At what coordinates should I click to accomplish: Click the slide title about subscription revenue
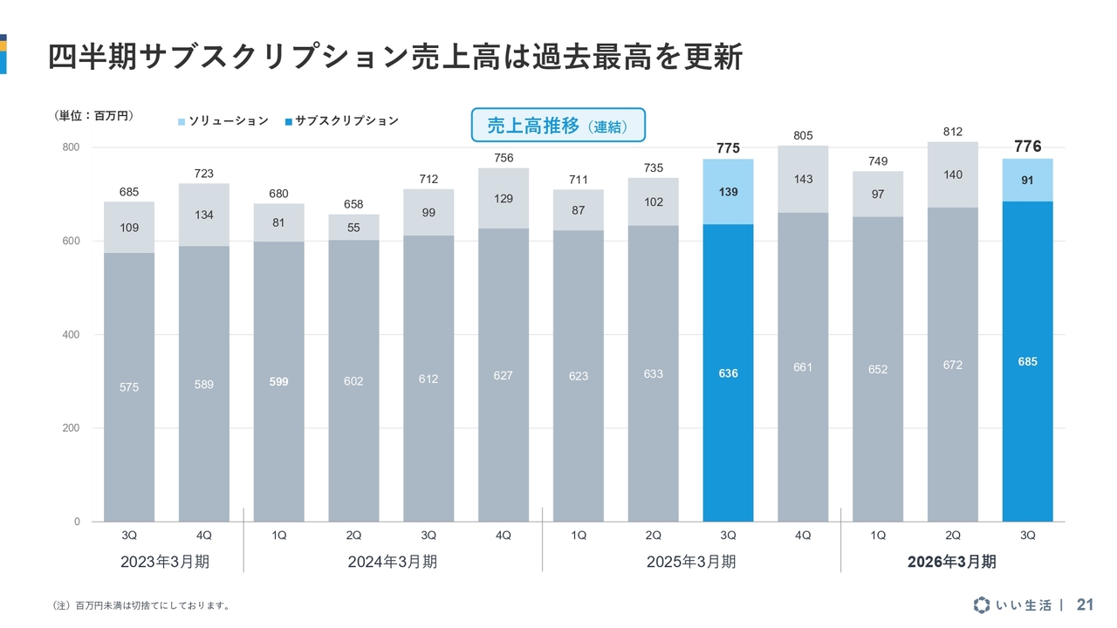point(394,57)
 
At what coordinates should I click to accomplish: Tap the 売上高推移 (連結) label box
point(558,125)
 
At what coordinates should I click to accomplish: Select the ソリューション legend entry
point(223,121)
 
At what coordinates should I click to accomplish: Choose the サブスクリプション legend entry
point(341,121)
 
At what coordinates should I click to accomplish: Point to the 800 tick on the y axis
point(71,147)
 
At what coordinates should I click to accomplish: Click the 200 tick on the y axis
point(71,428)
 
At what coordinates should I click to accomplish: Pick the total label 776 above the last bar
point(1027,147)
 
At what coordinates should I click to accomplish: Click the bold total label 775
point(728,148)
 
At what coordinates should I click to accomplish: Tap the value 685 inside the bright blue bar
point(1027,361)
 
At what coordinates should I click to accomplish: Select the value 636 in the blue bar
point(728,373)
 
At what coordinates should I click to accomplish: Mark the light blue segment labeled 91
point(1027,181)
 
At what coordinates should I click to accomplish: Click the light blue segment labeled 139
point(728,191)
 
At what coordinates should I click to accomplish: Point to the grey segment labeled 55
point(353,228)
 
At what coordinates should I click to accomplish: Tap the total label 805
point(803,135)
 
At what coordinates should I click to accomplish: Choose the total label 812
point(952,132)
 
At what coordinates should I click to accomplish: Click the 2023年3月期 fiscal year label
point(166,562)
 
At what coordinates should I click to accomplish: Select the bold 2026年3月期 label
point(951,562)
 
